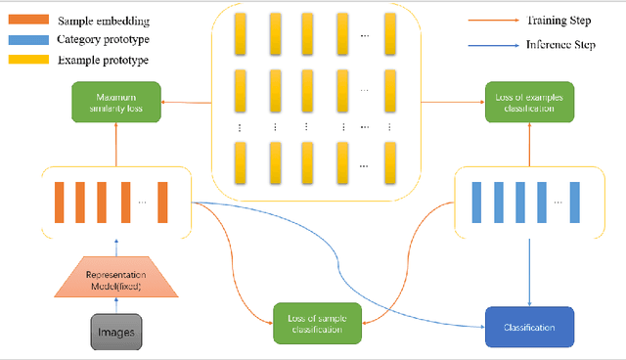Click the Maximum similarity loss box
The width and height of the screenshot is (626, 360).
(116, 103)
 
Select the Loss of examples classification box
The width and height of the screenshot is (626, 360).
(526, 103)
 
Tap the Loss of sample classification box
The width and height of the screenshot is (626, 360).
(316, 323)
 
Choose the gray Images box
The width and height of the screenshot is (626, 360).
(116, 333)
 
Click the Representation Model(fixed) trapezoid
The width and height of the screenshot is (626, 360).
(116, 279)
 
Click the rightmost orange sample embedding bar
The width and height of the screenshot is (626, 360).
(162, 202)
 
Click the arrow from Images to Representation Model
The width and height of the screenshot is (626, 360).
(116, 305)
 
